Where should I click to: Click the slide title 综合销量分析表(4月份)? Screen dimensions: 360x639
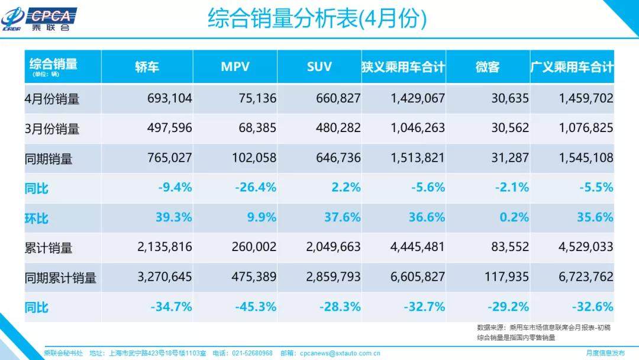[x=317, y=19]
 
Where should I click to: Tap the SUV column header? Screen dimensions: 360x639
[x=319, y=66]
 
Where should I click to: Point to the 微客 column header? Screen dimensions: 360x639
[x=488, y=67]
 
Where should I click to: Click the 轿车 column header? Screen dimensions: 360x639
[x=147, y=67]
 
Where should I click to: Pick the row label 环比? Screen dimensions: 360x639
[x=37, y=218]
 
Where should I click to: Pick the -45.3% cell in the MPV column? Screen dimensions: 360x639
[x=256, y=307]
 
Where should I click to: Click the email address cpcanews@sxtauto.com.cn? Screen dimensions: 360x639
[x=340, y=353]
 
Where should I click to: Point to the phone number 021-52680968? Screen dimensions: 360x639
[x=251, y=353]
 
